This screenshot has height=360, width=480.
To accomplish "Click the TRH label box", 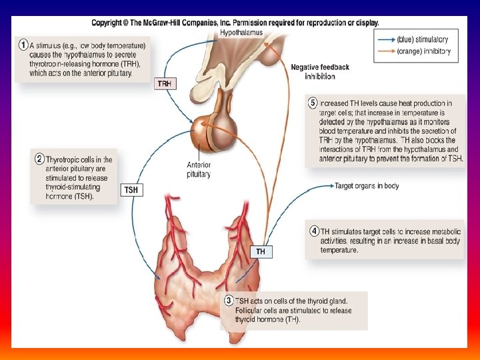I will tap(164, 83).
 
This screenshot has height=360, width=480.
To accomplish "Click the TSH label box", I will tap(131, 190).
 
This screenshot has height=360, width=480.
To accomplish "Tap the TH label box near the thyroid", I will tap(261, 251).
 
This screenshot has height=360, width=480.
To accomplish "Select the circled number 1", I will tap(24, 45).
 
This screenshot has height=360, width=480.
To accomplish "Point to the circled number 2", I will tap(39, 159).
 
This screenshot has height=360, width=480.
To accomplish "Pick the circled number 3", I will tap(229, 301).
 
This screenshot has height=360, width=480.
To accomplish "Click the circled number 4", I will tap(314, 231).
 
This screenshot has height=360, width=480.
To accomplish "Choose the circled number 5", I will tap(313, 103).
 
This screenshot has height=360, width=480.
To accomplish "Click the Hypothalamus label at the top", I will tap(241, 32).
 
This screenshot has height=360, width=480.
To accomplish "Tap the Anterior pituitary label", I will tap(199, 169).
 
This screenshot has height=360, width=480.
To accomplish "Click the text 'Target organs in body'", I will tap(367, 186).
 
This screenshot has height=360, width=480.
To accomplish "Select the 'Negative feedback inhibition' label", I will tap(320, 71).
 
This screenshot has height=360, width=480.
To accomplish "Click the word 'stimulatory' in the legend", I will tap(433, 40).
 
